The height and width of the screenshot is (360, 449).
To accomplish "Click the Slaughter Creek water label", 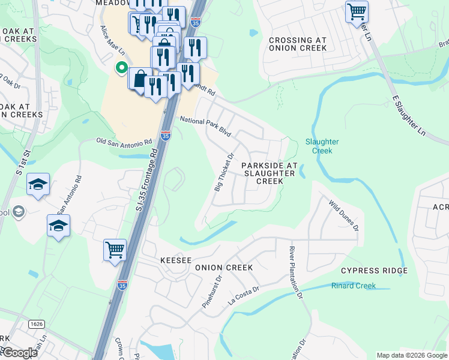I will pos(322,146).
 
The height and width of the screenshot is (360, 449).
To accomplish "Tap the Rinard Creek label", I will pos(354,286).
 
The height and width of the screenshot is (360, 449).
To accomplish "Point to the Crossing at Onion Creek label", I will pos(298,45).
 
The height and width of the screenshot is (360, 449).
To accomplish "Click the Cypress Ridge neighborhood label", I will pos(373,271).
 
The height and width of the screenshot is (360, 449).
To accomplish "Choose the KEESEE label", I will pos(175,261).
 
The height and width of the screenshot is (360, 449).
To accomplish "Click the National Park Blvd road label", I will pos(205,127).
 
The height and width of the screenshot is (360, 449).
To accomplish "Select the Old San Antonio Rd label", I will pos(124,142).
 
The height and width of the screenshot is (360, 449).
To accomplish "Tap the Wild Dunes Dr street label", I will pos(343,216).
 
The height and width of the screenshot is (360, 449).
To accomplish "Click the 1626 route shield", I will pos(36,324).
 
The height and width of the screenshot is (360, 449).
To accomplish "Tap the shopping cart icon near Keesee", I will pos(115,249).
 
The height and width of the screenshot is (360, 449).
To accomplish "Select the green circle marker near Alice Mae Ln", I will pos(121,68).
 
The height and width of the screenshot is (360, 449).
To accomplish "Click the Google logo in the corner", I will pos(19,353).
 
